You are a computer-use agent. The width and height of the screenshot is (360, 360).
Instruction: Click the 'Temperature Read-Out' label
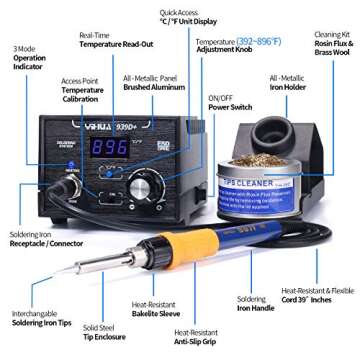112,45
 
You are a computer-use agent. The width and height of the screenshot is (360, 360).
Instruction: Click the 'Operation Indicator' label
29,59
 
